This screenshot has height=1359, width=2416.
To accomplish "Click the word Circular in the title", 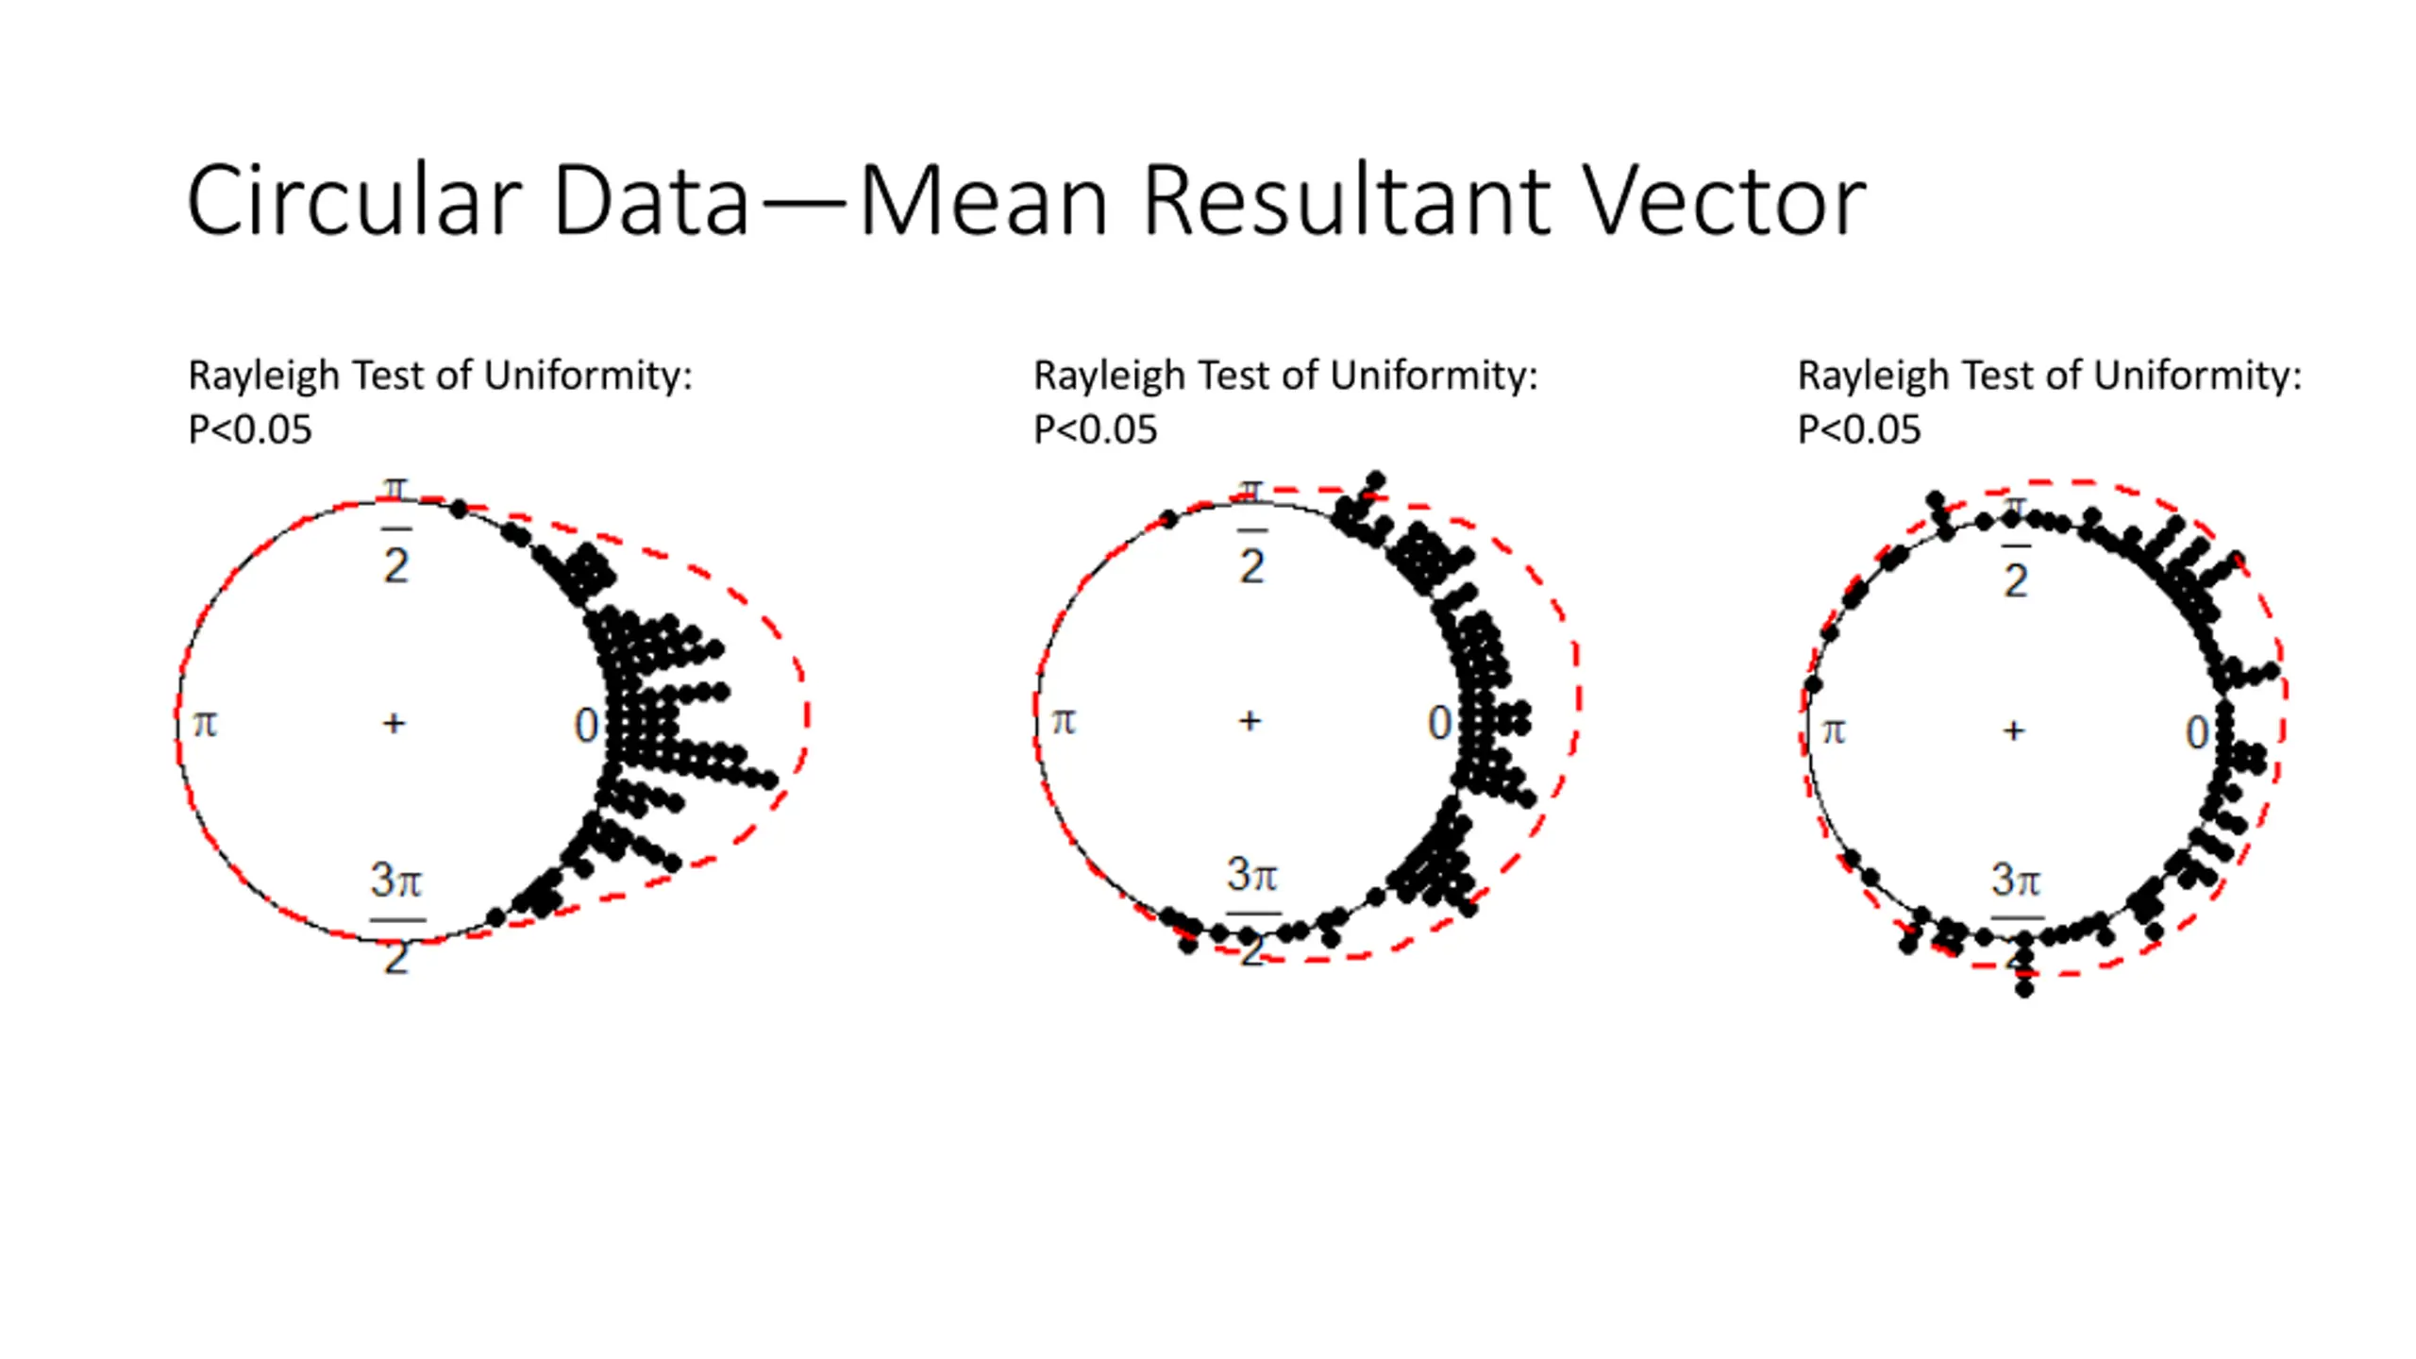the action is click(354, 201).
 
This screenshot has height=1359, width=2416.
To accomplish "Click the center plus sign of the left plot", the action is click(394, 724).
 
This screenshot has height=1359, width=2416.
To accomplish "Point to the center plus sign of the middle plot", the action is click(1250, 721).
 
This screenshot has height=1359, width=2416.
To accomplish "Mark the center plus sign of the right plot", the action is click(2014, 730).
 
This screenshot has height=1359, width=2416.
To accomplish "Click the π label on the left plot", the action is click(205, 725).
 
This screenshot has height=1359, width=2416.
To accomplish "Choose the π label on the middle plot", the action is click(1064, 722).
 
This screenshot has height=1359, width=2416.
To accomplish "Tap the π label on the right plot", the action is click(1833, 731).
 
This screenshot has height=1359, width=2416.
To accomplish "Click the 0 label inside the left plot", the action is click(586, 726).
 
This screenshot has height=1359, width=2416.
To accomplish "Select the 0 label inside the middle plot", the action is click(1439, 724).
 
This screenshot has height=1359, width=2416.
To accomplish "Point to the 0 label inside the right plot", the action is click(2198, 733).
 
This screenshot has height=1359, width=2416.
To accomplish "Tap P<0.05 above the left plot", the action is click(250, 430).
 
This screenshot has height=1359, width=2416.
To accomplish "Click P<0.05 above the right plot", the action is click(1858, 430).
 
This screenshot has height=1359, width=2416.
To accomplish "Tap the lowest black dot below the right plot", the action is click(2024, 989).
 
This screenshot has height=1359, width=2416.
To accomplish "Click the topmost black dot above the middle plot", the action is click(1376, 478).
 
